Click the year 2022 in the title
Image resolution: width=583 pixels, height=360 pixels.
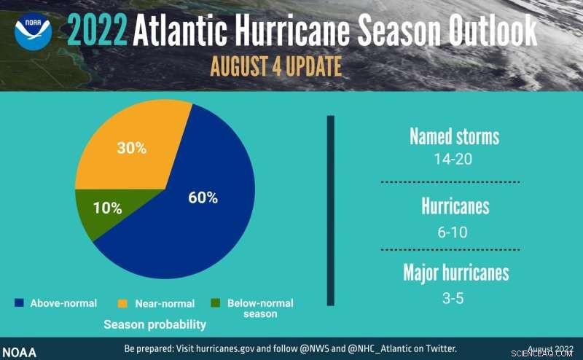point(98,31)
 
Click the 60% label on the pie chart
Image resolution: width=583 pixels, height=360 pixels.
point(203,197)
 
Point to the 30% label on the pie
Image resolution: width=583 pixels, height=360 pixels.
point(132,148)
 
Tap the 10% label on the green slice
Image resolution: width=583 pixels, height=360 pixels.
point(107,208)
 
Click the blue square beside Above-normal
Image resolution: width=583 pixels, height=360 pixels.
point(19,302)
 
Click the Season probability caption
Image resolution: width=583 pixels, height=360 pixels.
point(154,324)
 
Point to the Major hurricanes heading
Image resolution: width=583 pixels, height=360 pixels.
point(455,273)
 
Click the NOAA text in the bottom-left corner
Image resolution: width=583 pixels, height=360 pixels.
point(18,351)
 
